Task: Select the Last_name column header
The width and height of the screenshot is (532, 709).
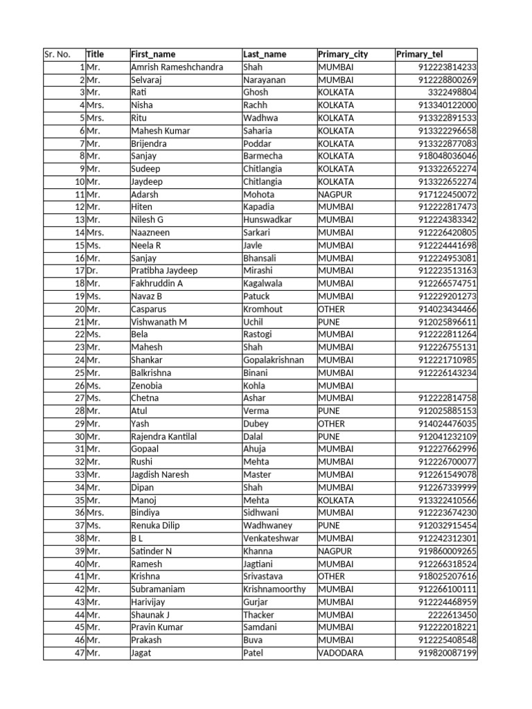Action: (x=265, y=54)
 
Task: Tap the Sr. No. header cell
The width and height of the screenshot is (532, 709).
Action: (x=57, y=54)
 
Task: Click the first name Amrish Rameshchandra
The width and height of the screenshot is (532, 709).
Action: (x=177, y=67)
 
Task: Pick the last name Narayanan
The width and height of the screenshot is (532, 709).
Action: (x=264, y=80)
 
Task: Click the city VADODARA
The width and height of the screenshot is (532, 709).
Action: (x=340, y=653)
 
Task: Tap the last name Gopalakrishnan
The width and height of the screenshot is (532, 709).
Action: (x=274, y=360)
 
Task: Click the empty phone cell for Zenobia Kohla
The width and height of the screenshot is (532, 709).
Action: (x=436, y=385)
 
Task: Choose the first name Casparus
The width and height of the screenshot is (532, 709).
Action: (x=148, y=309)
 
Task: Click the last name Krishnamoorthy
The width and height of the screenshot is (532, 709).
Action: (x=274, y=589)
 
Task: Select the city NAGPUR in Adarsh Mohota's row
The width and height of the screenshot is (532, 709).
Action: (x=335, y=195)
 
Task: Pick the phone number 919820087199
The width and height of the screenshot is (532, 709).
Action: (x=447, y=653)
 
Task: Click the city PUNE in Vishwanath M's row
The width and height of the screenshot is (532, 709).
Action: (x=329, y=322)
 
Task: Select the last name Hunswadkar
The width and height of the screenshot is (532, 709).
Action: (x=267, y=219)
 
